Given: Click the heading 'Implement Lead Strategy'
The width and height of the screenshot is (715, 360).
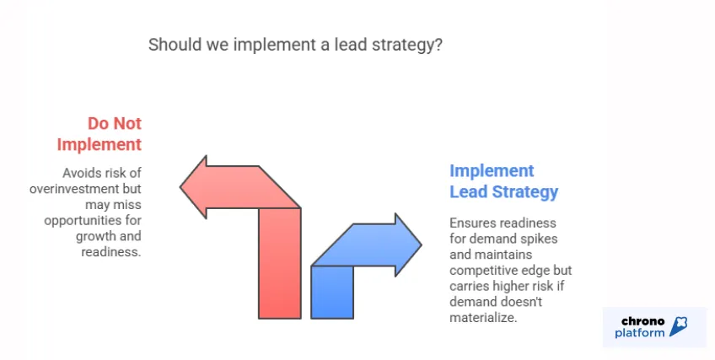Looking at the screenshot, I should (x=503, y=181).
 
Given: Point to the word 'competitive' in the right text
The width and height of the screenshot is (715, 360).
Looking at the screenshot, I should (x=481, y=270).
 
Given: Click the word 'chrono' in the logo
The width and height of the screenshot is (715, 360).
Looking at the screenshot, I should (x=643, y=320).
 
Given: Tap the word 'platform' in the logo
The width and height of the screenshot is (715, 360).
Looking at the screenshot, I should (x=640, y=333).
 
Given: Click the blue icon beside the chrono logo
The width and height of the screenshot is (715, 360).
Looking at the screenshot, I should (x=680, y=327).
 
